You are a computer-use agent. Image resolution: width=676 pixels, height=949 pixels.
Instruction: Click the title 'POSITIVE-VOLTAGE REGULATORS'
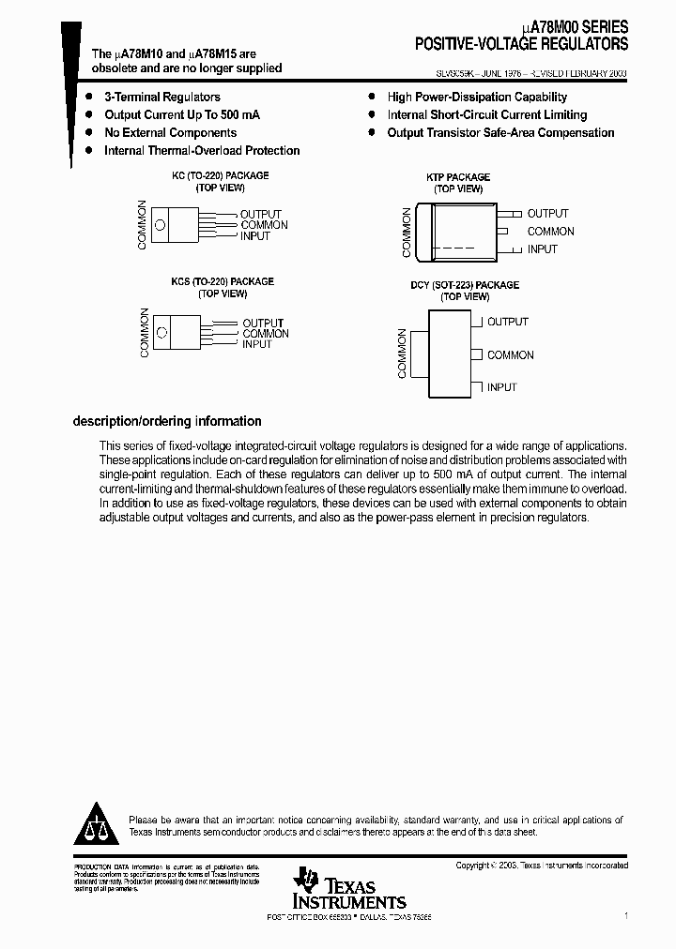click(522, 44)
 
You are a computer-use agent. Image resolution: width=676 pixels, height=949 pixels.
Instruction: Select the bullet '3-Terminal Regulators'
click(161, 97)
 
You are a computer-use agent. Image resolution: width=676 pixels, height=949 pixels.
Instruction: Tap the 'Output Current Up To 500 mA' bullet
click(181, 114)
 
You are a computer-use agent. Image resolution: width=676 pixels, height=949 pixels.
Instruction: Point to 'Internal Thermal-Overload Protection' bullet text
click(201, 150)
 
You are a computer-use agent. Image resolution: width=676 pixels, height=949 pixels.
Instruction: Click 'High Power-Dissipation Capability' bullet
click(477, 97)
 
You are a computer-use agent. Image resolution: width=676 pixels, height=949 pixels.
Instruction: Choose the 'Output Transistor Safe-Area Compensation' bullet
click(500, 132)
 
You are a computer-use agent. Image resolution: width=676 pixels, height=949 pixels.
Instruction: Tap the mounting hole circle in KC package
click(160, 224)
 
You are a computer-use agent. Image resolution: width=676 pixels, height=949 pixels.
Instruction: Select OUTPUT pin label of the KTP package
click(547, 214)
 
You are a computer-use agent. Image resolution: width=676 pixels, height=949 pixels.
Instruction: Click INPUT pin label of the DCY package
click(501, 387)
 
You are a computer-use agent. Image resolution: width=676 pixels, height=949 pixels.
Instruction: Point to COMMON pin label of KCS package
click(266, 334)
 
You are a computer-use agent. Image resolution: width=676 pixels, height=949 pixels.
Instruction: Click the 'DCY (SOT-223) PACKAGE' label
click(464, 285)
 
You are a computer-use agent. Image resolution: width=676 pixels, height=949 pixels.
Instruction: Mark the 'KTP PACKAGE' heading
click(458, 176)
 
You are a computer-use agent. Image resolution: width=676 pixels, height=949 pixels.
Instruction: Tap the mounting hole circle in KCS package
click(162, 333)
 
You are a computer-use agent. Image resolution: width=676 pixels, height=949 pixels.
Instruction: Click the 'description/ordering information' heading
click(167, 421)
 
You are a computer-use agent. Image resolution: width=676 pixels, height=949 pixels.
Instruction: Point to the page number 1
click(625, 914)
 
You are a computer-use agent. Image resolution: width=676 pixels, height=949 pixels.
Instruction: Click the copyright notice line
click(542, 866)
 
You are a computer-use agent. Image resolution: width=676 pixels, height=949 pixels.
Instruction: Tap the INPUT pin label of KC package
click(254, 236)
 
